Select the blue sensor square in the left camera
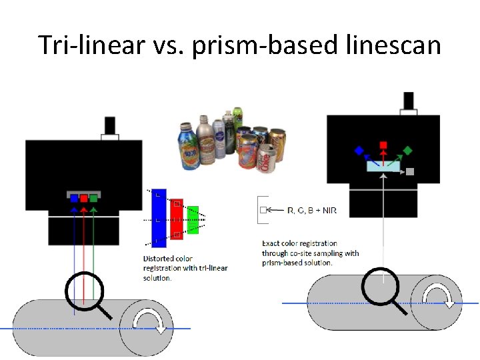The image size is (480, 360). tap(74, 198)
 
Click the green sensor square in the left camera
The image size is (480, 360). tap(94, 198)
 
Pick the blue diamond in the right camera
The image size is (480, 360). tap(359, 151)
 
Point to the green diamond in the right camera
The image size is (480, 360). tap(408, 151)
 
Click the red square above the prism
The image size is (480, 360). tap(383, 145)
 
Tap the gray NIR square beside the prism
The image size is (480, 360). tap(411, 172)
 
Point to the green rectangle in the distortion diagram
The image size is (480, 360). tap(193, 220)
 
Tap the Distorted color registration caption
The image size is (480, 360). tap(185, 268)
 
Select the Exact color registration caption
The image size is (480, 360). tap(310, 253)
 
